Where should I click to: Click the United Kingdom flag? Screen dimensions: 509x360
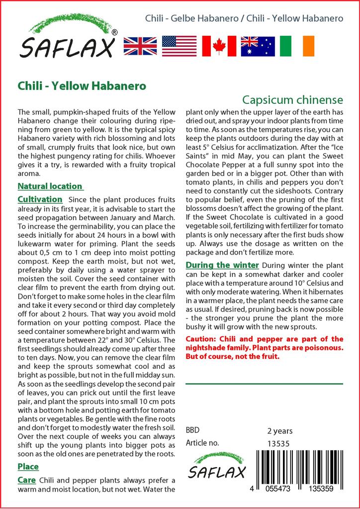pos(140,46)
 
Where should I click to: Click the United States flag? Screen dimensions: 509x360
pos(179,46)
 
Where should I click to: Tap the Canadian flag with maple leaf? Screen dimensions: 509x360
pos(218,46)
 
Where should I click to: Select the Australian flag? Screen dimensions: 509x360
pos(258,46)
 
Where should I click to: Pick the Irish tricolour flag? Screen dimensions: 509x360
pos(297,46)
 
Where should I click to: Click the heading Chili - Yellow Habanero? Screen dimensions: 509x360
pos(82,85)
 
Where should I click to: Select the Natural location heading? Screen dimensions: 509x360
pos(50,186)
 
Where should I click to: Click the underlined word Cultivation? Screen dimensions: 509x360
pos(40,199)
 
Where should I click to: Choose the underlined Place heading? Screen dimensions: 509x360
pos(28,467)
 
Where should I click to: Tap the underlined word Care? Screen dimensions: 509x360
pos(26,480)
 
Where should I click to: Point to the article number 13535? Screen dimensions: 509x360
pos(278,443)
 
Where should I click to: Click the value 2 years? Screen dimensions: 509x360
pos(280,431)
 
